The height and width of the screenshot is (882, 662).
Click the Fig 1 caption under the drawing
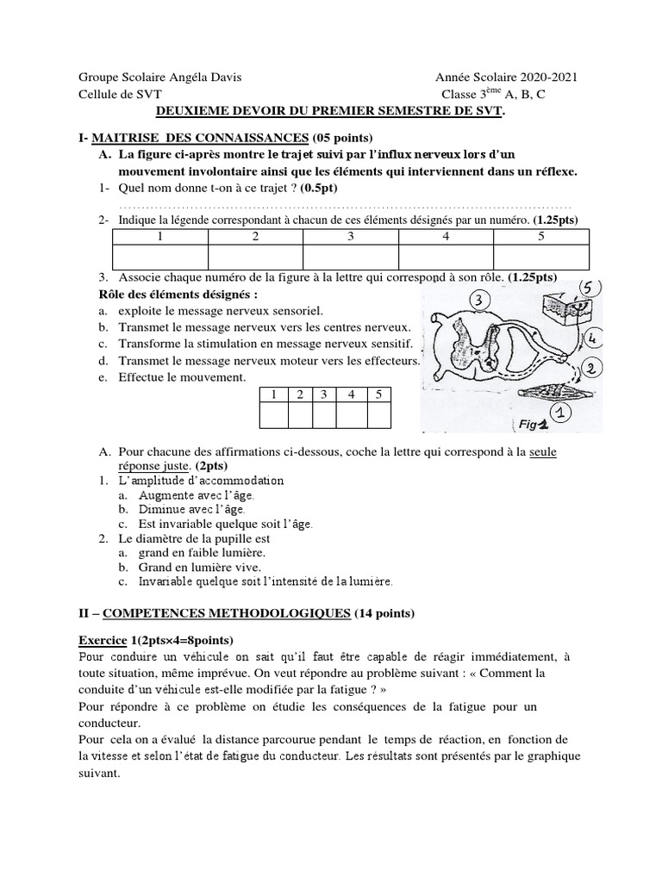(x=534, y=424)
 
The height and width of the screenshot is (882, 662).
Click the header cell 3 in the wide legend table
(x=351, y=236)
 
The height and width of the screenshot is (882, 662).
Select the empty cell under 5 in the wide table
(x=540, y=258)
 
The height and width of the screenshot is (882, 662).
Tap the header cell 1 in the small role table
(x=273, y=394)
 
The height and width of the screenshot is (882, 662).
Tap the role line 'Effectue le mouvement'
(x=181, y=377)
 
